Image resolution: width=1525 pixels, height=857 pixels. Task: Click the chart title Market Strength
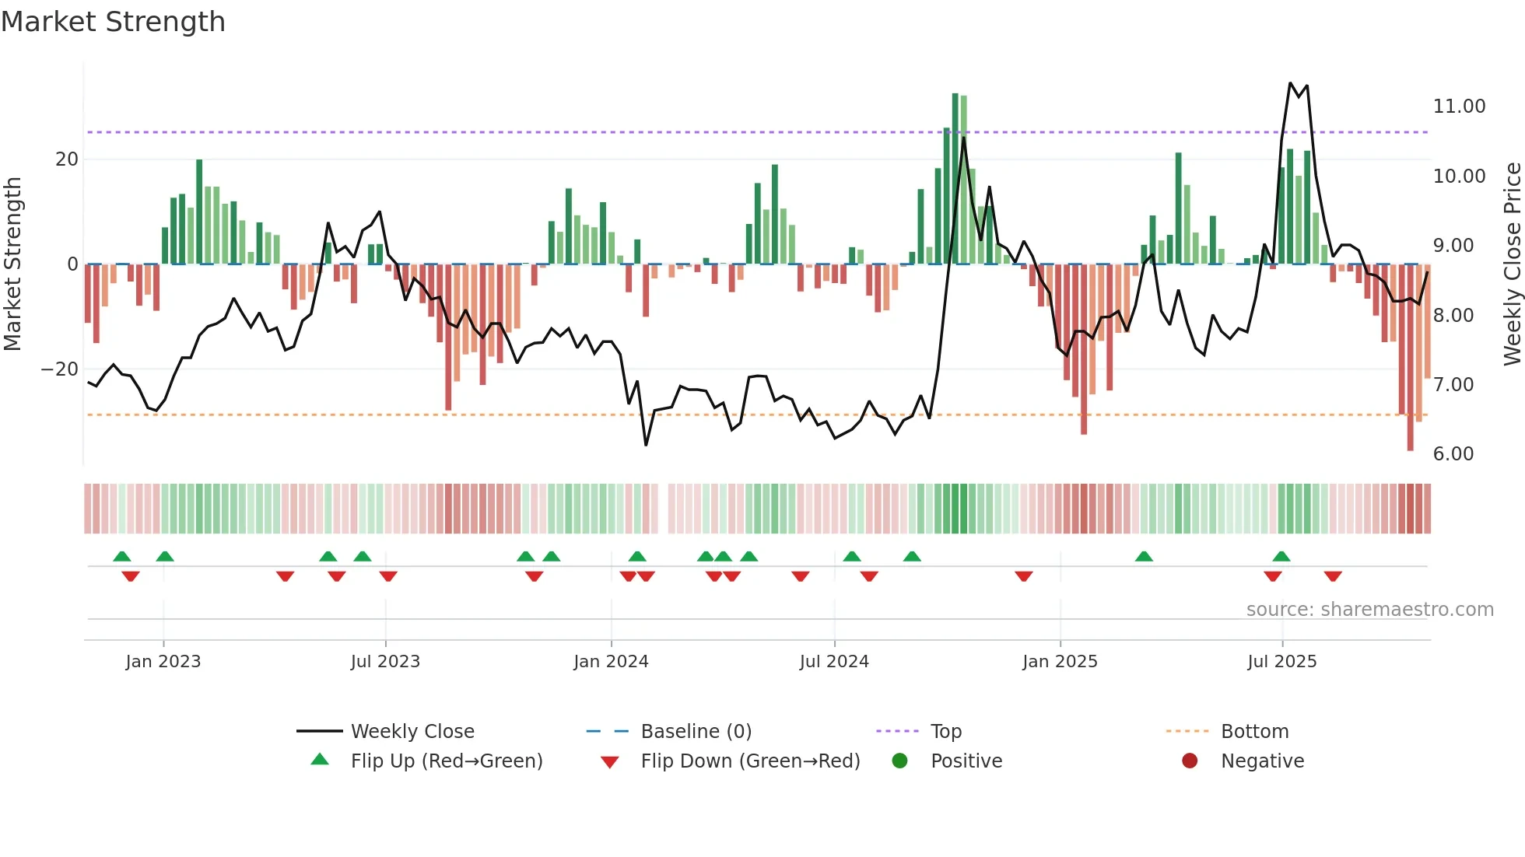click(x=113, y=22)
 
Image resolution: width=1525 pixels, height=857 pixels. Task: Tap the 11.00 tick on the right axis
click(x=1459, y=107)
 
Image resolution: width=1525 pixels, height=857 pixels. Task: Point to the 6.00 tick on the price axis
click(x=1453, y=454)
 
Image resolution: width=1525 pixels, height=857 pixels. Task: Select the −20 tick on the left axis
click(x=60, y=369)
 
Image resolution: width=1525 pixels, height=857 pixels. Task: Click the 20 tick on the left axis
click(x=67, y=159)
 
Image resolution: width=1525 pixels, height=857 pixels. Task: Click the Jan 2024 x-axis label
click(x=611, y=662)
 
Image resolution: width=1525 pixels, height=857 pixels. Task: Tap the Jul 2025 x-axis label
click(x=1281, y=662)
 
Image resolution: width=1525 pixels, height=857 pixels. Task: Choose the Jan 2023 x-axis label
click(x=163, y=662)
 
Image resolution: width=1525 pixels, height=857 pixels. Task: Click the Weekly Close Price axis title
click(x=1512, y=264)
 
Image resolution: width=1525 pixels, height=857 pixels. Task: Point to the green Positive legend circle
click(x=899, y=761)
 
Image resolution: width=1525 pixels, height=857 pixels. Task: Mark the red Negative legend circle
click(x=1190, y=761)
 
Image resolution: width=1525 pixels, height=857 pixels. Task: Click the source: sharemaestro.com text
click(x=1369, y=610)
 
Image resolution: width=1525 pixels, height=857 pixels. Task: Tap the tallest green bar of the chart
click(x=955, y=179)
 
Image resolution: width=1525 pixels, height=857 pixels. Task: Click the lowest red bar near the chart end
click(x=1410, y=358)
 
